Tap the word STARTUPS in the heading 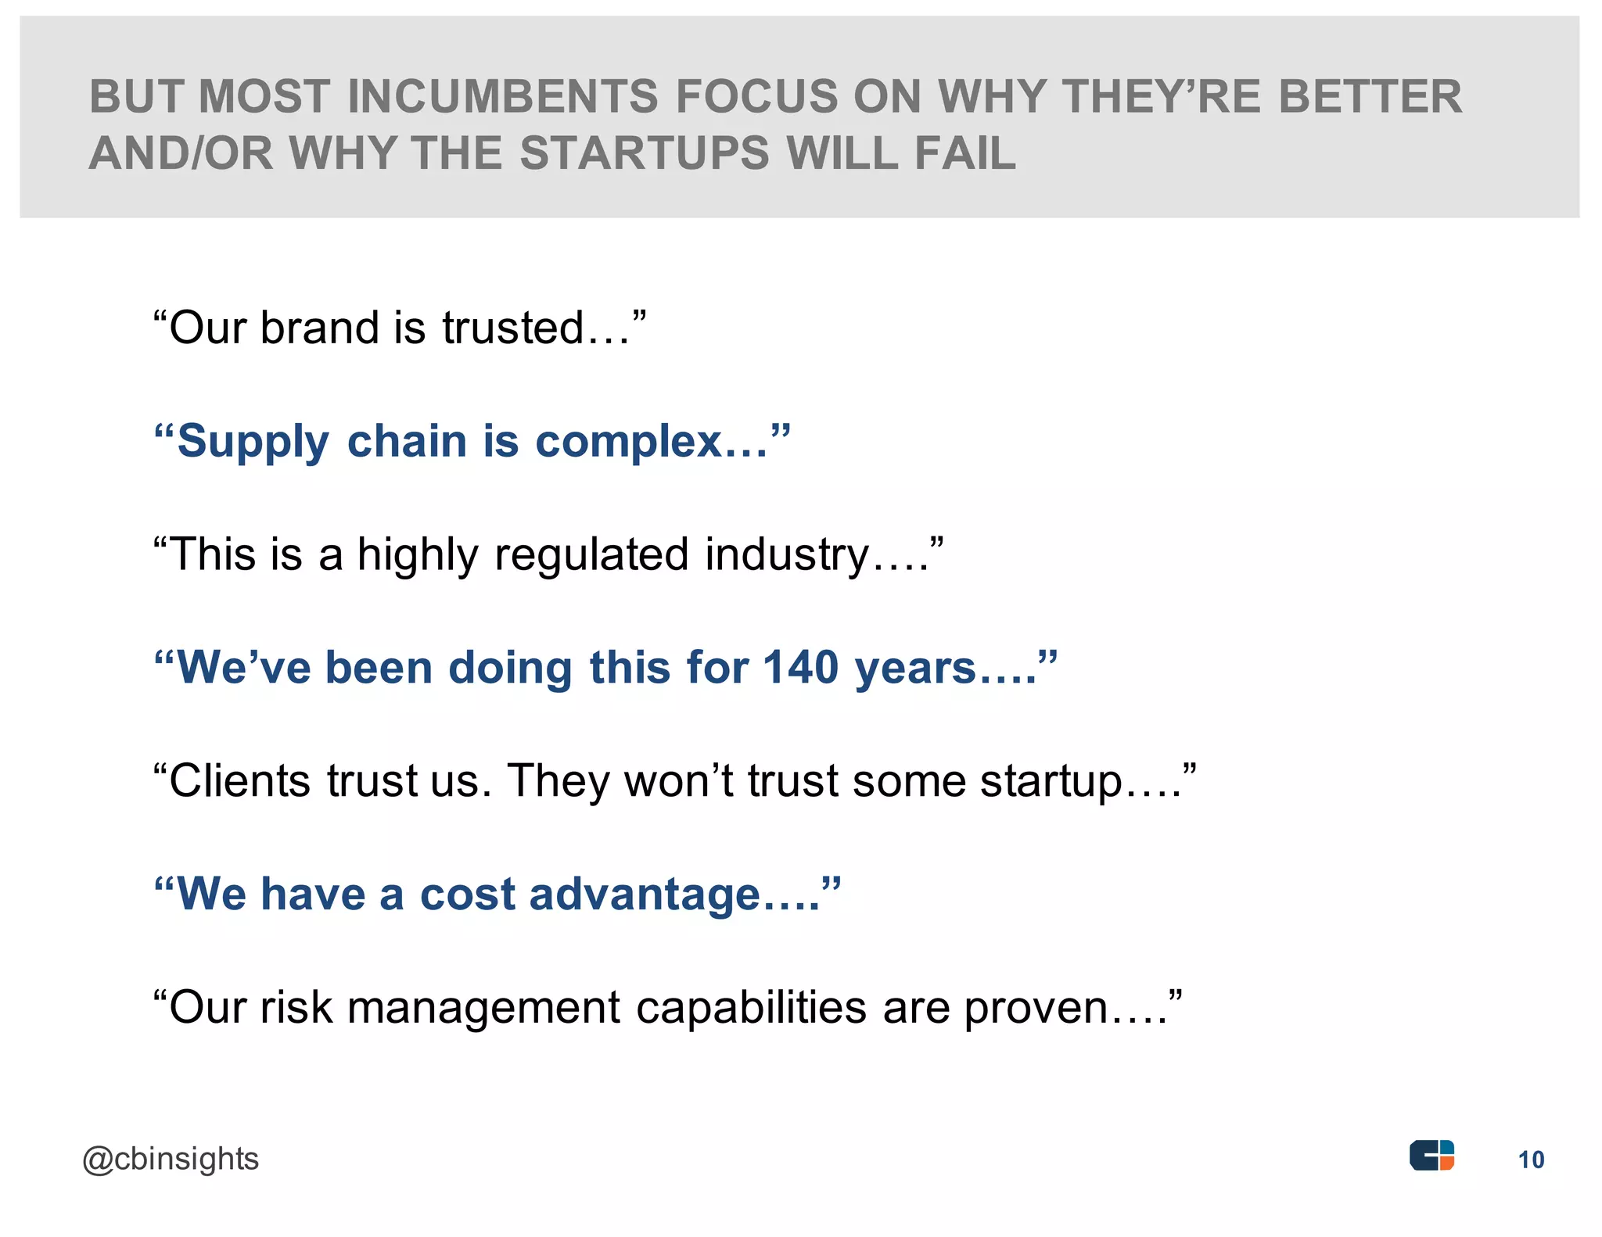(645, 152)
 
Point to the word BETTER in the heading (1370, 97)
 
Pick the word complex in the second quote (628, 443)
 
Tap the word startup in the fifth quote (1051, 783)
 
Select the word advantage (645, 896)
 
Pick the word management (483, 1009)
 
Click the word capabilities (751, 1009)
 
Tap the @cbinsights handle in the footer (171, 1160)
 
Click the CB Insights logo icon (1431, 1156)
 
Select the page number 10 (1532, 1160)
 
